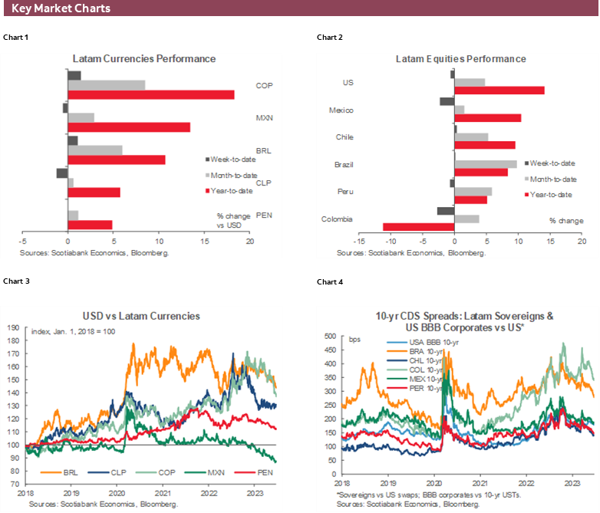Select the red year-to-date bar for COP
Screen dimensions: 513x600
point(151,94)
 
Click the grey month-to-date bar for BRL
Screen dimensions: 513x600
point(95,150)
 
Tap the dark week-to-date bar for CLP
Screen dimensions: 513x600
point(62,173)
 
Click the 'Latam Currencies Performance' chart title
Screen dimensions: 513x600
point(144,58)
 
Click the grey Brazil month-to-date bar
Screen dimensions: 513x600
point(486,163)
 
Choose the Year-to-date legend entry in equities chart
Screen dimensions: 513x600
point(550,195)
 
